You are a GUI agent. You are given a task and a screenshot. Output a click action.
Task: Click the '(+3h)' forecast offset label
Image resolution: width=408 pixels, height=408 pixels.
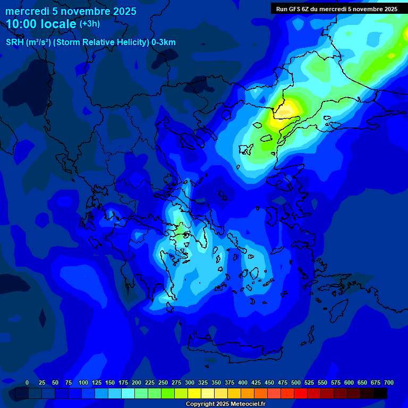[89, 24]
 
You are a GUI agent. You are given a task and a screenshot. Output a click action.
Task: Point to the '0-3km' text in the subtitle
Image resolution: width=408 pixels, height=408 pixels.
[164, 42]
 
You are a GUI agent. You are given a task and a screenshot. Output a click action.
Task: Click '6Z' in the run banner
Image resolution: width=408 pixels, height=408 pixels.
[308, 9]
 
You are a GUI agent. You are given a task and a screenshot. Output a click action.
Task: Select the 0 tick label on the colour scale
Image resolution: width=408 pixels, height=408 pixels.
[27, 382]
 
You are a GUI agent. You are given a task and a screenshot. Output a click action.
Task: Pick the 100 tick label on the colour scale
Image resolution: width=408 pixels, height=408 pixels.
[83, 382]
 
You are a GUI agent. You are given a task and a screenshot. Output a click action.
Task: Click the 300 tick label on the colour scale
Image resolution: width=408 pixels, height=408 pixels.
[190, 382]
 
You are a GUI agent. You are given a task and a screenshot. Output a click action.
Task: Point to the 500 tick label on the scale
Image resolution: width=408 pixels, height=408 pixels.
[296, 382]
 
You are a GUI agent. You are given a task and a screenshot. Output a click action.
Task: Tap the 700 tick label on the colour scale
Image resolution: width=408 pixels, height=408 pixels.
[389, 382]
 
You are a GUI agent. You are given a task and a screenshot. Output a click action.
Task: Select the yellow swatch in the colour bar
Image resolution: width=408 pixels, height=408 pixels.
[194, 393]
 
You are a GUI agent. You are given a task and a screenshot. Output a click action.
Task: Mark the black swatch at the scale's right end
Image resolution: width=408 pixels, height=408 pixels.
[380, 393]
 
